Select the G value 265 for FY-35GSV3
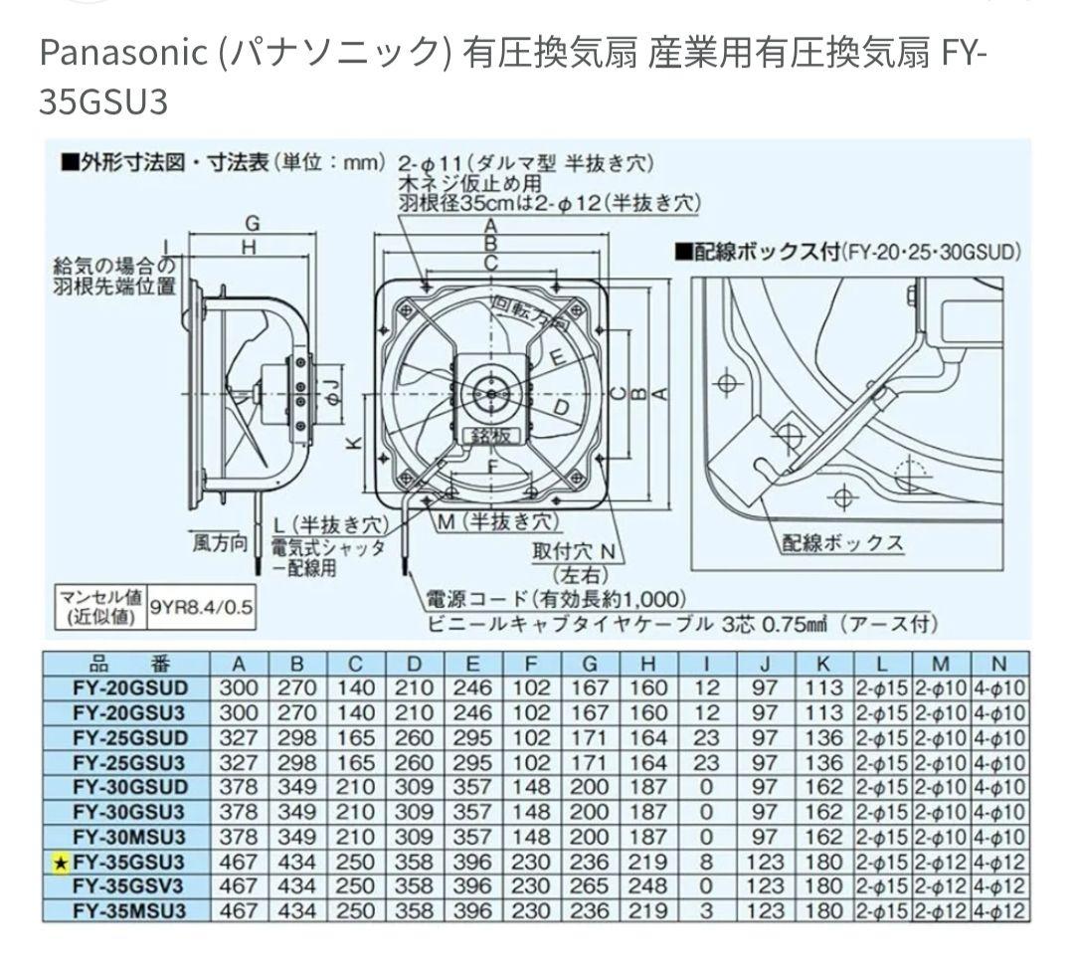[x=592, y=885]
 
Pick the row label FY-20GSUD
[x=129, y=687]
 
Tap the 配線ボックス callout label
[x=842, y=543]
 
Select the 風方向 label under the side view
[x=219, y=543]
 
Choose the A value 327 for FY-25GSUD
[x=239, y=737]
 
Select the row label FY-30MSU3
[x=129, y=837]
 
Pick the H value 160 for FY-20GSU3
[x=648, y=712]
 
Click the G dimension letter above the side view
[x=253, y=223]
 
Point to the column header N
[x=999, y=663]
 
